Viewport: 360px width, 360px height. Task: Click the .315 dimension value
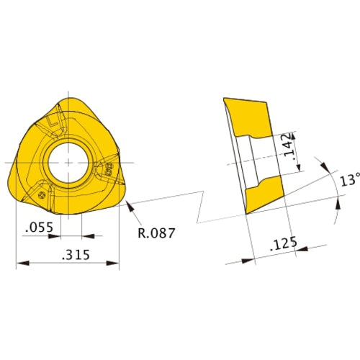69,254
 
